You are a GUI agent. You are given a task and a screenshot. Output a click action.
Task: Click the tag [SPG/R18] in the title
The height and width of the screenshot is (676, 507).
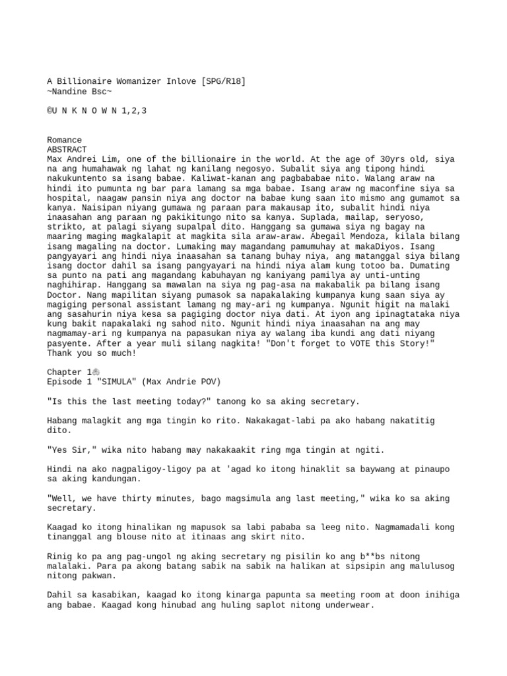point(224,81)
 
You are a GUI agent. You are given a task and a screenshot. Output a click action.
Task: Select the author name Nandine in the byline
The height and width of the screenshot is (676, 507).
point(72,91)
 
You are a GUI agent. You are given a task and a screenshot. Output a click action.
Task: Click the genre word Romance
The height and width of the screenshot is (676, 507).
point(65,140)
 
